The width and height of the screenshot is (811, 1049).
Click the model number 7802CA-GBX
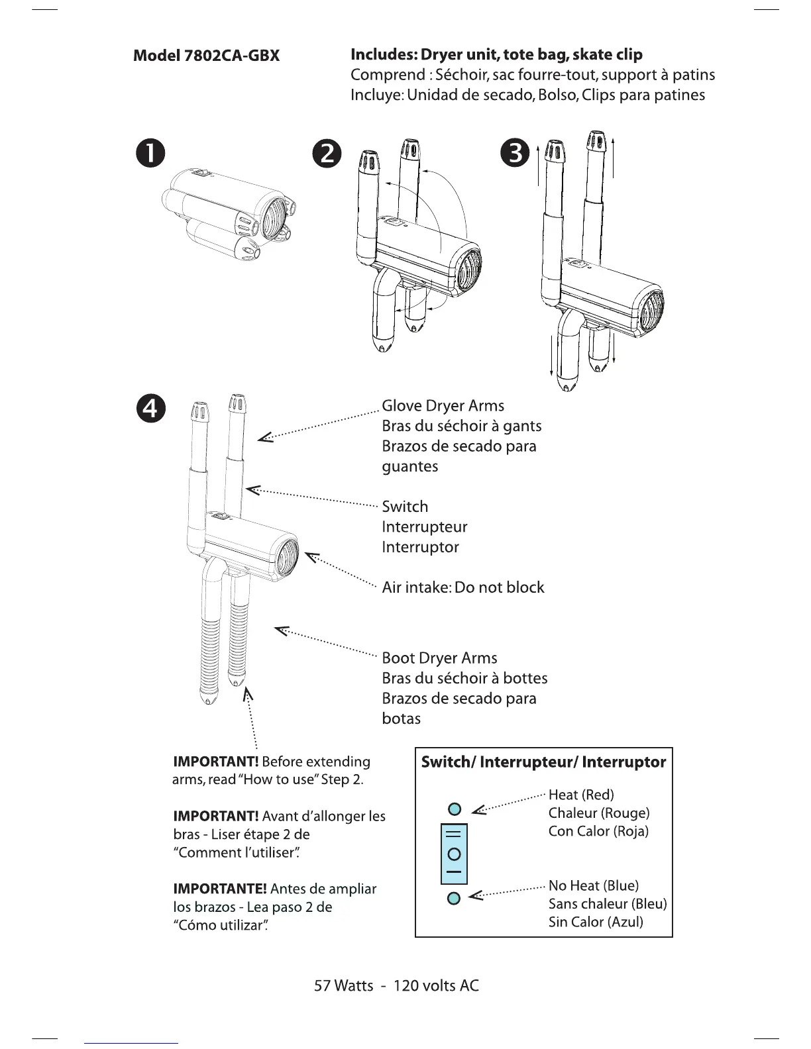pyautogui.click(x=207, y=56)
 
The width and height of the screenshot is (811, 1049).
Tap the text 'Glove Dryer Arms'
pyautogui.click(x=443, y=406)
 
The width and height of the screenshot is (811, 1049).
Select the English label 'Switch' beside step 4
pyautogui.click(x=405, y=507)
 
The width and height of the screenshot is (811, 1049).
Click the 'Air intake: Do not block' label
pyautogui.click(x=462, y=587)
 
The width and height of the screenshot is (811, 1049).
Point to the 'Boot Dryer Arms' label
pyautogui.click(x=439, y=658)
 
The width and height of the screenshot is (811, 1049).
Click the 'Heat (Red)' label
pyautogui.click(x=581, y=795)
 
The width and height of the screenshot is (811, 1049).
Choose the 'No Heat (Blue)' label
pyautogui.click(x=593, y=886)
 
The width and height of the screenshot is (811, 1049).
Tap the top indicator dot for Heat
pyautogui.click(x=454, y=809)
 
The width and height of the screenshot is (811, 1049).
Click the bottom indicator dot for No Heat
pyautogui.click(x=454, y=899)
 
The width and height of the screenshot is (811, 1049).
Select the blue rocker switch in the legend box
pyautogui.click(x=454, y=854)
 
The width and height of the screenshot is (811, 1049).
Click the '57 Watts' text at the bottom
pyautogui.click(x=343, y=986)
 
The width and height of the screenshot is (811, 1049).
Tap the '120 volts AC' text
pyautogui.click(x=436, y=986)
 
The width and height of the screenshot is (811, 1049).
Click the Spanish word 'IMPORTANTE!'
pyautogui.click(x=219, y=889)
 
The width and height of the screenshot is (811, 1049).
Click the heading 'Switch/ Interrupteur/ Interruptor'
pyautogui.click(x=543, y=762)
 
